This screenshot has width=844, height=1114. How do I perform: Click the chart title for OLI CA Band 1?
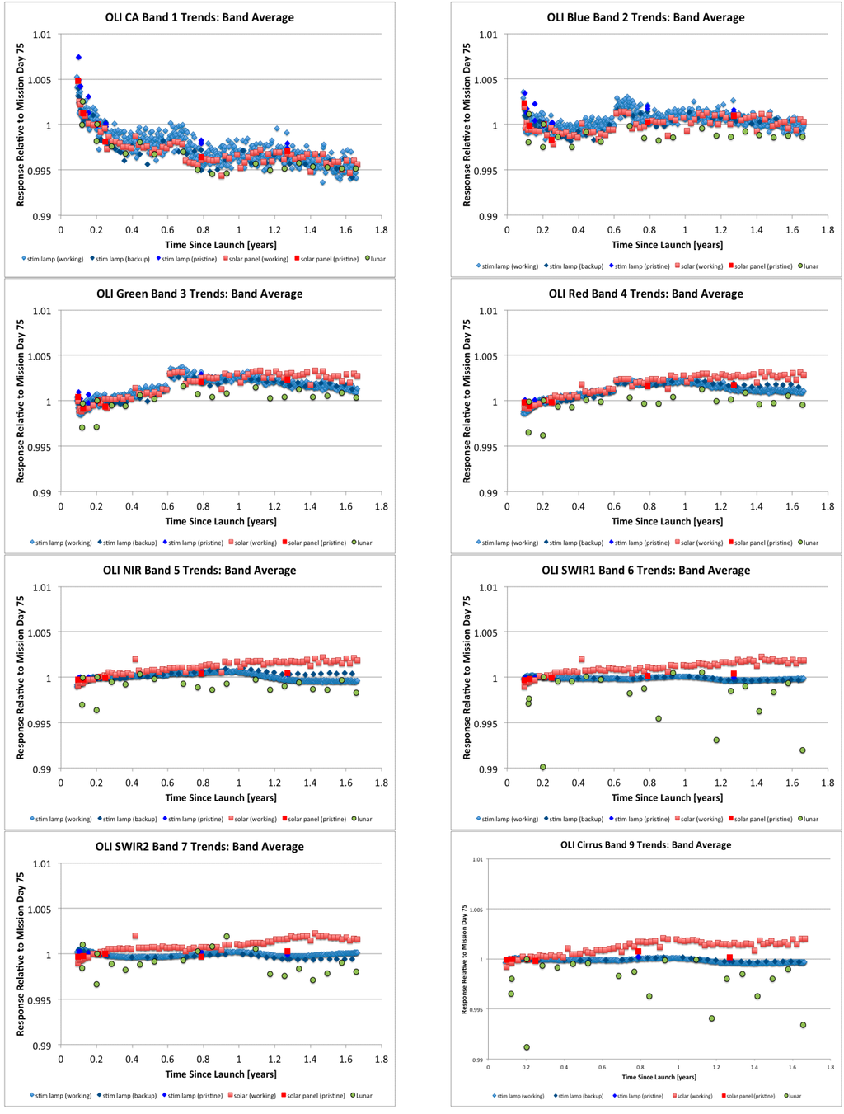(199, 17)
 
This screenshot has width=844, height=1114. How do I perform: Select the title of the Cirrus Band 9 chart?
(645, 844)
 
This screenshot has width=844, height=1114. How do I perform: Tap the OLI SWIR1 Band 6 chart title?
(645, 570)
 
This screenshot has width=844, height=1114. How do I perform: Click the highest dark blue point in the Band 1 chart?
(78, 57)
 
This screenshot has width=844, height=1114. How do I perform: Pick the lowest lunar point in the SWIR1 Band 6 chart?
(543, 767)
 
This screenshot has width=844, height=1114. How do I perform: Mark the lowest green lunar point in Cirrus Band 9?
(527, 1047)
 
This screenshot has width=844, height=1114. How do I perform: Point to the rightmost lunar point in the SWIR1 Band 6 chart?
(802, 750)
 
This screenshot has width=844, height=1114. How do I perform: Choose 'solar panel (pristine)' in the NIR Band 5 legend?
(314, 819)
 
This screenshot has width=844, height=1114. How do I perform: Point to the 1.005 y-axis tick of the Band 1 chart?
(41, 80)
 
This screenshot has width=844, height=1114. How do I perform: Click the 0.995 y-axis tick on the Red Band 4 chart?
(486, 447)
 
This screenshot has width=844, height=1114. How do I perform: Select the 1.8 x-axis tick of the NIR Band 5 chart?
(381, 783)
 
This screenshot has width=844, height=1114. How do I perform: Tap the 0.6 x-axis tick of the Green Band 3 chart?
(167, 506)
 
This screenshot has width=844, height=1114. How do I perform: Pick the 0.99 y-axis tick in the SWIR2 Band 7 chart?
(41, 1046)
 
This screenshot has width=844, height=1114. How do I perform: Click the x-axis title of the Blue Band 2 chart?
(667, 245)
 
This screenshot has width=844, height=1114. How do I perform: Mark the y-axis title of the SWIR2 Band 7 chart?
(21, 955)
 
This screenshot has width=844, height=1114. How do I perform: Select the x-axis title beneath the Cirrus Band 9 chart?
(659, 1077)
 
